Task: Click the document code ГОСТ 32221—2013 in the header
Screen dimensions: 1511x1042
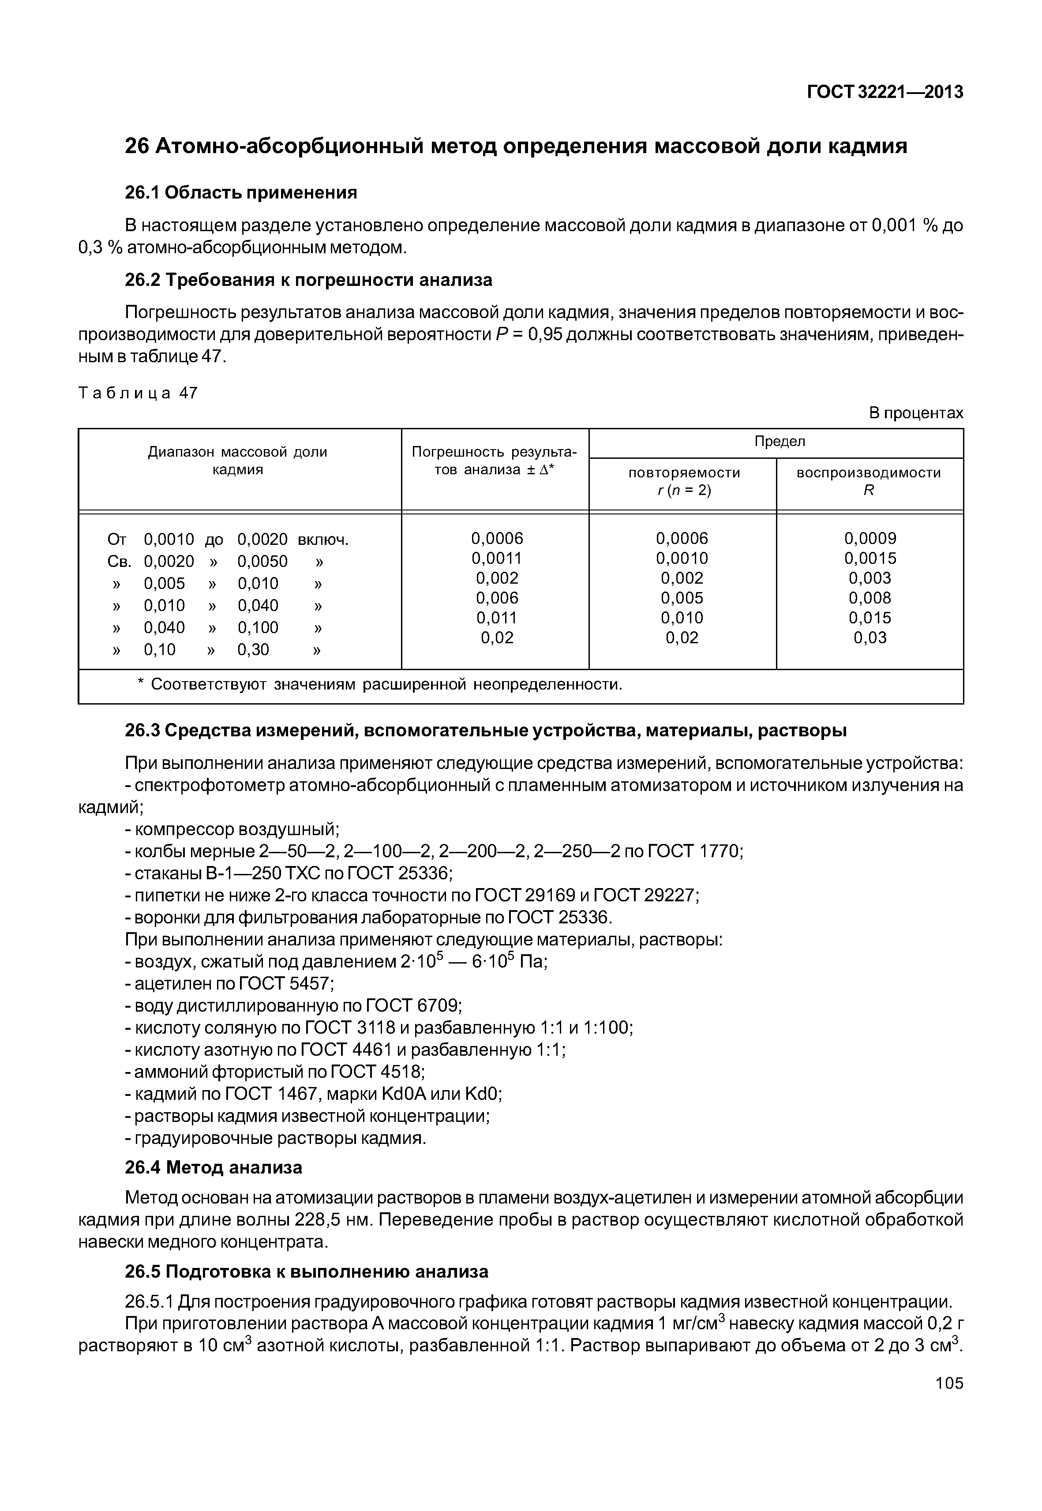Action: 885,93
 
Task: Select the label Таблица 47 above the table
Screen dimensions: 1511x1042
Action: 138,393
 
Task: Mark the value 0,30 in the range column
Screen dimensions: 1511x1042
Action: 253,650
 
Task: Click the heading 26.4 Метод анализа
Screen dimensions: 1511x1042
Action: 214,1167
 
